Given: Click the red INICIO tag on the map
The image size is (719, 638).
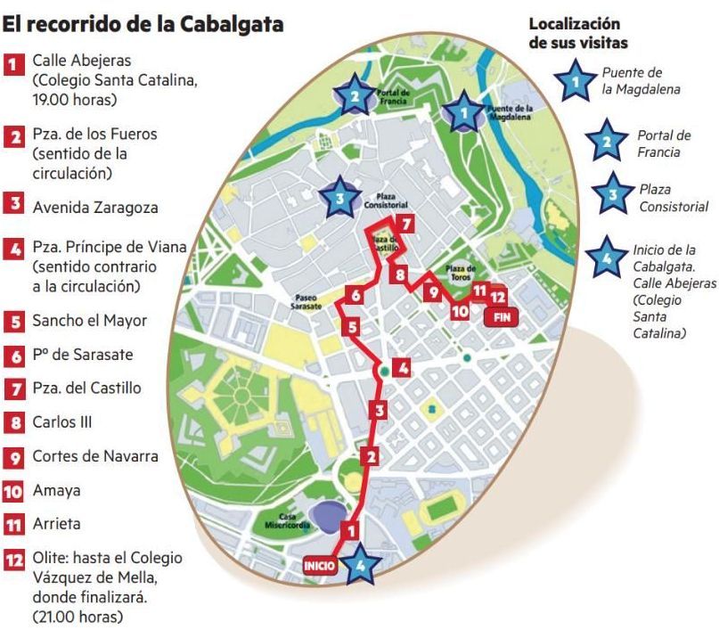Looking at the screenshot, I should click(x=320, y=565).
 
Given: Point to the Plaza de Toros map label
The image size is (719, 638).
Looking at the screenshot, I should click(x=461, y=271).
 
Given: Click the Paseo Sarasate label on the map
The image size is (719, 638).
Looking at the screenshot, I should click(x=311, y=300).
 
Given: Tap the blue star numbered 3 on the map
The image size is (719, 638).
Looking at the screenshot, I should click(x=339, y=199).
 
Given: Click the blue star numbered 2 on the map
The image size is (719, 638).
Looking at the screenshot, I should click(x=355, y=96).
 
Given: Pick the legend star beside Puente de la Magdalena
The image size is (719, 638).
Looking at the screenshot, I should click(x=576, y=82).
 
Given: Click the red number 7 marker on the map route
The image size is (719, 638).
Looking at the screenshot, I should click(x=404, y=225).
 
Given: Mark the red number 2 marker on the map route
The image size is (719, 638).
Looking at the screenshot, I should click(x=372, y=456).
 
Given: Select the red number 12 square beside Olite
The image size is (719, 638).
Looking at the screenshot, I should click(x=13, y=560).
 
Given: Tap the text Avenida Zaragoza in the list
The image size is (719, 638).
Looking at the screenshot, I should click(x=94, y=208).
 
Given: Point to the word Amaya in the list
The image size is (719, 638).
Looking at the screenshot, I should click(x=56, y=490).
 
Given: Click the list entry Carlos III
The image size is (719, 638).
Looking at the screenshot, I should click(x=62, y=422).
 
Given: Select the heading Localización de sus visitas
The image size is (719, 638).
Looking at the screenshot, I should click(x=578, y=33).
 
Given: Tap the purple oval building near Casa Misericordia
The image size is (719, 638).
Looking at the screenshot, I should click(x=326, y=511).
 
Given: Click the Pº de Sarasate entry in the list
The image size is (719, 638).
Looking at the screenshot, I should click(x=82, y=355).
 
